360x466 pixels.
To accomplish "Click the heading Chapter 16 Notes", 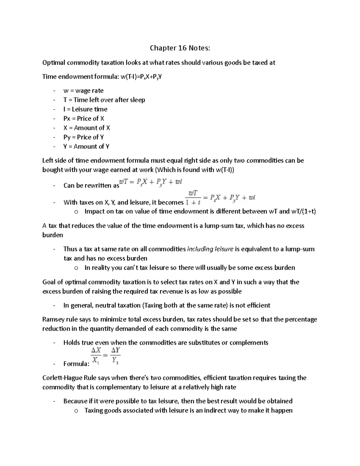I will pos(180,48).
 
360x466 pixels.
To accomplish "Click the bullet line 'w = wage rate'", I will pos(83,91).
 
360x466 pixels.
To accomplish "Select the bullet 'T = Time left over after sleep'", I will pos(104,100).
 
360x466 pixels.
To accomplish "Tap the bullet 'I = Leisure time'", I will pos(85,109).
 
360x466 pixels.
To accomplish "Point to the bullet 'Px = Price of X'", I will pos(84,119).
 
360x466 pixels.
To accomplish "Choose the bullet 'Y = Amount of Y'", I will pos(86,146).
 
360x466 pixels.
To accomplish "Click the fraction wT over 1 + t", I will pos(193,197).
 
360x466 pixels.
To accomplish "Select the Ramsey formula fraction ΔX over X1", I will pos(96,356).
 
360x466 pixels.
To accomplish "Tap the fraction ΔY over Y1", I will pos(115,356).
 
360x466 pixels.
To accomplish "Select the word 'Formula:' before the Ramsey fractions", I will pos(76,364).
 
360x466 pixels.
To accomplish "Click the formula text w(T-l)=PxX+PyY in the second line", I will pos(141,77).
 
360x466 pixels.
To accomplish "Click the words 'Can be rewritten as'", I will pos(91,185).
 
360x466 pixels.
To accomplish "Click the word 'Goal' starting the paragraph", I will pos(49,282).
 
